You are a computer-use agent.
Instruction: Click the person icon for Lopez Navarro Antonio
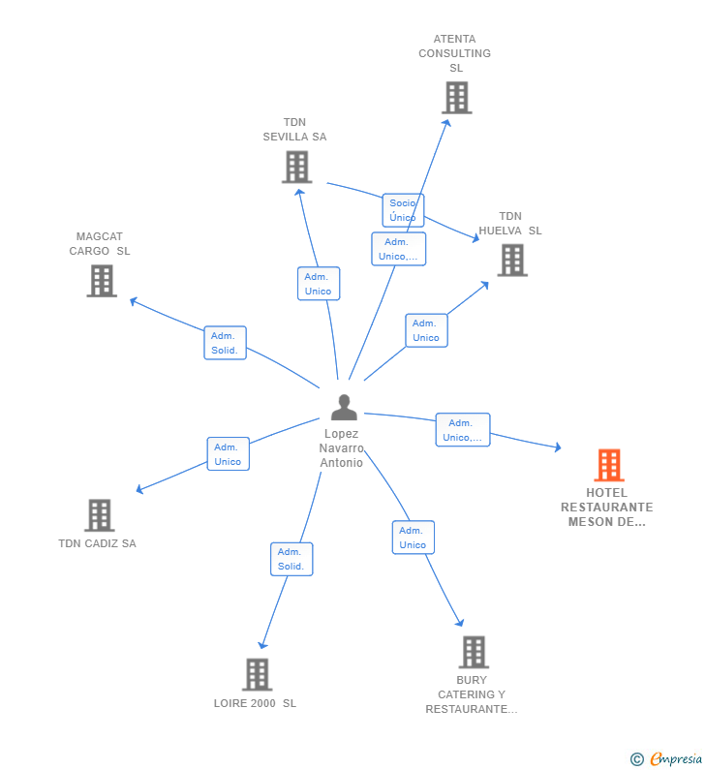[x=344, y=407]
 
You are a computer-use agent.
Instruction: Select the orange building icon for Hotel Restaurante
[x=609, y=465]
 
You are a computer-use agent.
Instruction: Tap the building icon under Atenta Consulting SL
[x=456, y=98]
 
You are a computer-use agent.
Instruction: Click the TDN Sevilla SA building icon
[x=297, y=167]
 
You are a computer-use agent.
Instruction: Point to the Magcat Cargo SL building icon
[x=102, y=281]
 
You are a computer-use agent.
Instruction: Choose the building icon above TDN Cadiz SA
[x=100, y=515]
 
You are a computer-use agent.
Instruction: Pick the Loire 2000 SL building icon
[x=258, y=674]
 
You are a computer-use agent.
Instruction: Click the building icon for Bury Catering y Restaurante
[x=474, y=652]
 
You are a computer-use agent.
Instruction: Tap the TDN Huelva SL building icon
[x=512, y=261]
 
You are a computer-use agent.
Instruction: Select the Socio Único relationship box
[x=403, y=210]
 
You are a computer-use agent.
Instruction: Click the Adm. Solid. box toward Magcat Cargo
[x=225, y=343]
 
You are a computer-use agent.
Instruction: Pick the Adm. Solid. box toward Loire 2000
[x=291, y=559]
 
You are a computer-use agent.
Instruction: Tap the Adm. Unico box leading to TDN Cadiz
[x=229, y=453]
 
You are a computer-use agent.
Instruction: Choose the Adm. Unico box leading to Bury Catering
[x=414, y=538]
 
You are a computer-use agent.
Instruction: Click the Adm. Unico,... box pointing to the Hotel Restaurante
[x=463, y=430]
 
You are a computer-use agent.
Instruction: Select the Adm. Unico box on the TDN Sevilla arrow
[x=319, y=284]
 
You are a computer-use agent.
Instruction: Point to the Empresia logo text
[x=676, y=758]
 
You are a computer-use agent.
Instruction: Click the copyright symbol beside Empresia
[x=637, y=759]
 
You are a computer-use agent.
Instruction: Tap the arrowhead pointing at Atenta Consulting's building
[x=446, y=123]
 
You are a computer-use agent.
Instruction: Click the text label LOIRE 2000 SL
[x=255, y=703]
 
